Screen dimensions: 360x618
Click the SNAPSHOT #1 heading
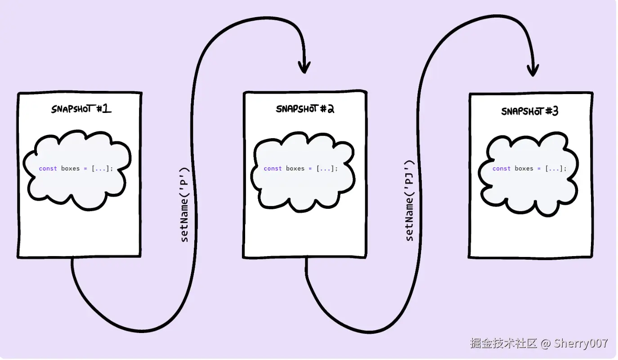(81, 109)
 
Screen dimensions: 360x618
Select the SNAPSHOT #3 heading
(530, 111)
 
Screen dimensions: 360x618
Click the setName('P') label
(184, 205)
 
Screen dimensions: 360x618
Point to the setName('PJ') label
(409, 201)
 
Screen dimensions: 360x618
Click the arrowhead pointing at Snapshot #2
(305, 67)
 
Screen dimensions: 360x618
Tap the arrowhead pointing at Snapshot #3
(533, 71)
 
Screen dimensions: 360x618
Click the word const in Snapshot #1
(48, 169)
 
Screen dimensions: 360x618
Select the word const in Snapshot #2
(273, 169)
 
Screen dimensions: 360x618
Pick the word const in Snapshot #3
(502, 169)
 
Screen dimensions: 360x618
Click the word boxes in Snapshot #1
(70, 169)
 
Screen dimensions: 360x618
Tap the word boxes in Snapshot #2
(295, 169)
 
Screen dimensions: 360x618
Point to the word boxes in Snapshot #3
(524, 169)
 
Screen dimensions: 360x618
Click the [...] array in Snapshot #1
(100, 169)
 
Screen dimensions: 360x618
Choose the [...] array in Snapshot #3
(554, 169)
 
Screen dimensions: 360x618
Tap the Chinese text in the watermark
(504, 343)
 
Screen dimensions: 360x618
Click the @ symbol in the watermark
(546, 344)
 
